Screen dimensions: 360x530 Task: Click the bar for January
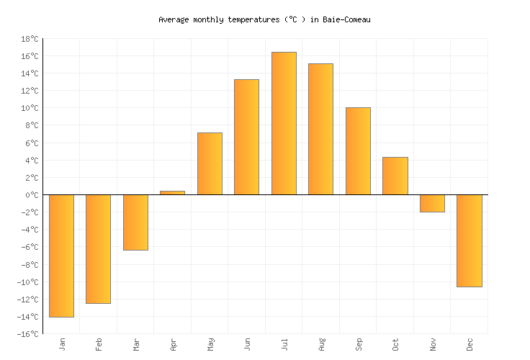coord(61,256)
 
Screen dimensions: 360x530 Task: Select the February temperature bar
coord(98,248)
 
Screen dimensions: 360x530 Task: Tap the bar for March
coord(135,222)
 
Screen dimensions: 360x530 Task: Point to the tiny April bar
coord(172,192)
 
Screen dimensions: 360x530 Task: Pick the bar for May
coord(210,163)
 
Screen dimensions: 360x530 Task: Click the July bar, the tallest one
coord(284,123)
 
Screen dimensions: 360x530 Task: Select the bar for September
coord(358,151)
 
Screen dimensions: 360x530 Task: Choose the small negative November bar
coord(432,203)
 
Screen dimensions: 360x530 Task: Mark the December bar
coord(469,240)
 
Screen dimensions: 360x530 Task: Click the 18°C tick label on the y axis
coord(30,39)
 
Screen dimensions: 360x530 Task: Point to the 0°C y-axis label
coord(32,195)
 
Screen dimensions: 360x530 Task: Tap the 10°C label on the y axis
coord(30,108)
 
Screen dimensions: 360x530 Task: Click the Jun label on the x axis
coord(247,344)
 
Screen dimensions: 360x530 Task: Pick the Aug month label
coord(321,344)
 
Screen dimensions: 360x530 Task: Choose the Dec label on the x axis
coord(470,344)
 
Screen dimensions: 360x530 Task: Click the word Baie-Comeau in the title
coord(346,19)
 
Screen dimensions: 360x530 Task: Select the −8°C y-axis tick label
coord(30,265)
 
